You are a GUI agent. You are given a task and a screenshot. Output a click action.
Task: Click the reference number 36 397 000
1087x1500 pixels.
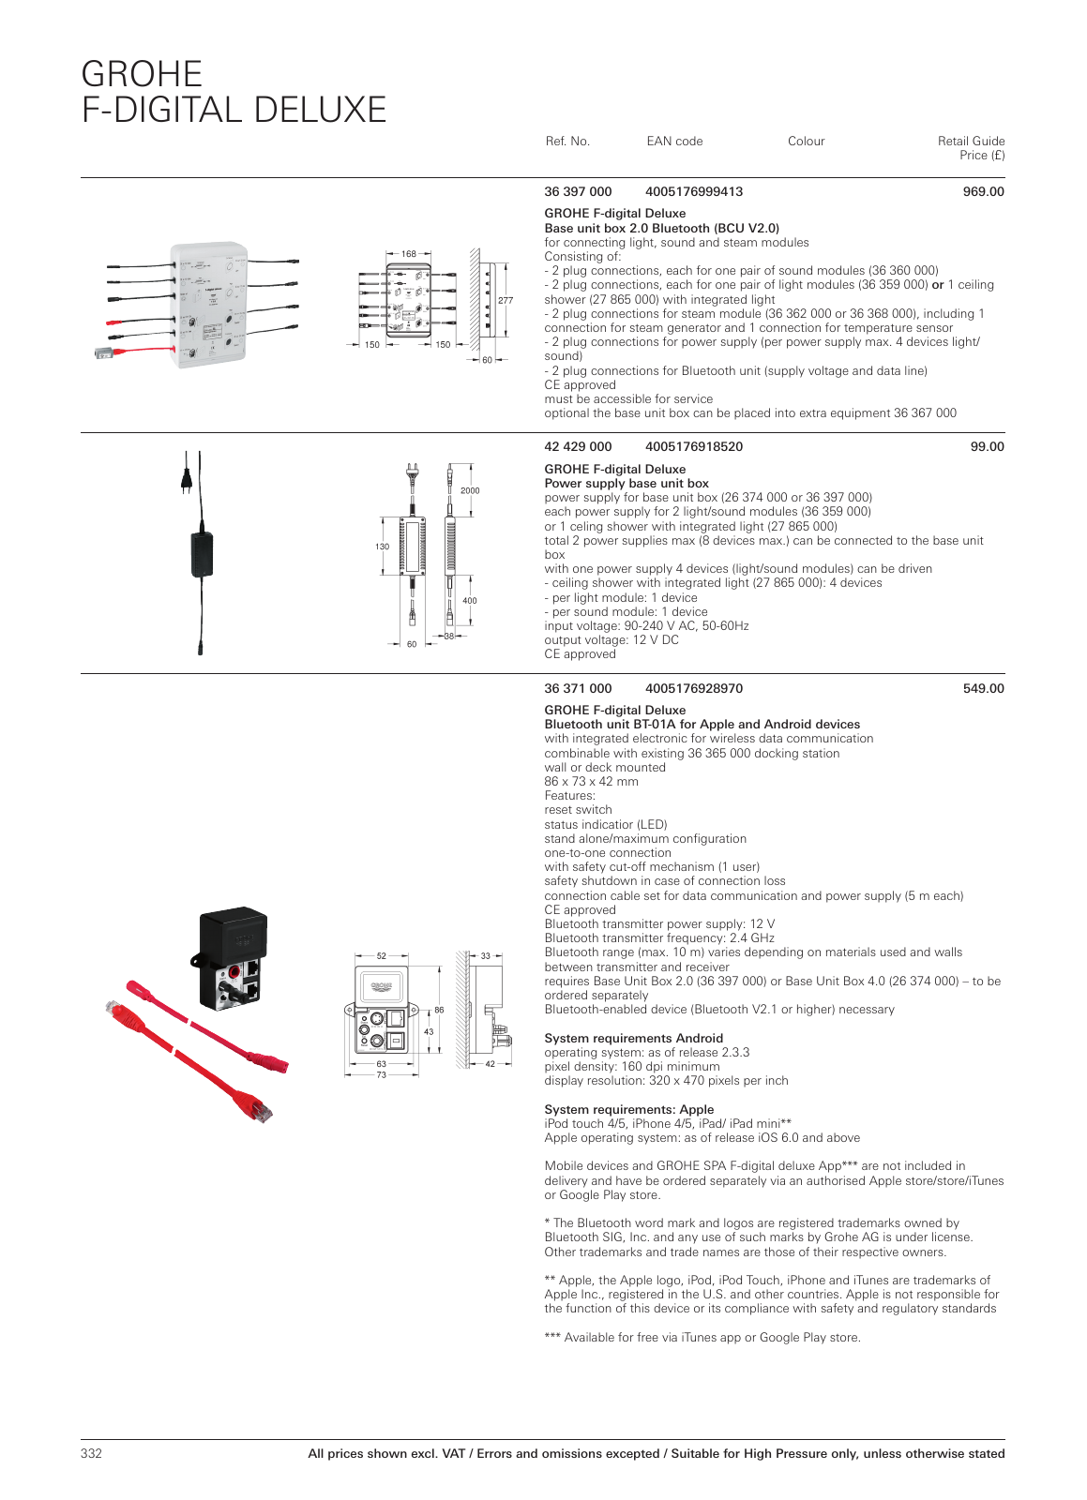[578, 191]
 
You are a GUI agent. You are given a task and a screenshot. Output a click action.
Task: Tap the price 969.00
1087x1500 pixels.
[983, 191]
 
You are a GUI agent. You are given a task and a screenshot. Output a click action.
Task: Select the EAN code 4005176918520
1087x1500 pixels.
[693, 446]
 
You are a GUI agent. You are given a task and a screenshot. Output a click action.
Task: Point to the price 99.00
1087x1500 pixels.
[987, 446]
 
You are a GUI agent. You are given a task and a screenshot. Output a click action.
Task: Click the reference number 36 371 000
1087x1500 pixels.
[578, 688]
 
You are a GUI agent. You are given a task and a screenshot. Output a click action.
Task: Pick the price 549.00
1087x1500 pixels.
[983, 688]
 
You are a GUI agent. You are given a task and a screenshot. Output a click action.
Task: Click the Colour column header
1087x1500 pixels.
[806, 142]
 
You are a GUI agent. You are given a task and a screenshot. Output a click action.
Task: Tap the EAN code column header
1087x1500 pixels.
[674, 142]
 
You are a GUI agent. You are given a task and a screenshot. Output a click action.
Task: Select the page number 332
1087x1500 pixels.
[91, 1453]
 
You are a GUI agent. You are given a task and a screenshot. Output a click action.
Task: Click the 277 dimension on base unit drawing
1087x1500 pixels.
[505, 301]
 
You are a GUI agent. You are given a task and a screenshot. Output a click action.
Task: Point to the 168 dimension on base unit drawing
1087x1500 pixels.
[409, 254]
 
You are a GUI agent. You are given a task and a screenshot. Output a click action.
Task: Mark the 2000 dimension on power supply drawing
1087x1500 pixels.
[470, 490]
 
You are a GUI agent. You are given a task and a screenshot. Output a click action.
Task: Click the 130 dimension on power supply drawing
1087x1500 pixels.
[382, 547]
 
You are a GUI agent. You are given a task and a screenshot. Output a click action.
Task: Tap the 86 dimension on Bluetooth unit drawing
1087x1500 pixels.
[439, 1010]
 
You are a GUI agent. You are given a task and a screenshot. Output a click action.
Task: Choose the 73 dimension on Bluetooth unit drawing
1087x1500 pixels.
[382, 1074]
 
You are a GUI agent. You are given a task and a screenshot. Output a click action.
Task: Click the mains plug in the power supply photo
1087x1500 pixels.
[187, 479]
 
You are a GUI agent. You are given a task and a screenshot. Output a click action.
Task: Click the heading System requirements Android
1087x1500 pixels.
[633, 1038]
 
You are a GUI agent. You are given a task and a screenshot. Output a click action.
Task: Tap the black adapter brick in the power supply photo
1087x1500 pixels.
[201, 553]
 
